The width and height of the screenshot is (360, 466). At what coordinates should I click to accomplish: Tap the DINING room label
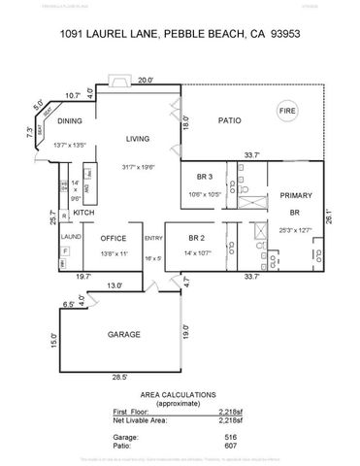pos(70,121)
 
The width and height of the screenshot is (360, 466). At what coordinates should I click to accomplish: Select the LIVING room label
pos(136,139)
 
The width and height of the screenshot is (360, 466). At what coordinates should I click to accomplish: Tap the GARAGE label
pos(124,335)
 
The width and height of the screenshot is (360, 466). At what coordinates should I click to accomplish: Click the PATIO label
pos(227,121)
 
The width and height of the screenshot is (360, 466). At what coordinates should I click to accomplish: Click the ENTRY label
pos(153,238)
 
